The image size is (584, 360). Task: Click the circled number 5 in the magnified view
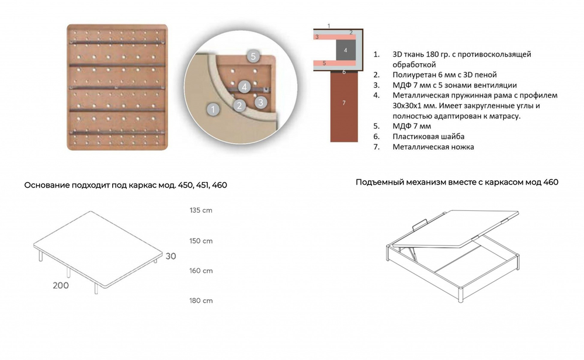[x=252, y=56]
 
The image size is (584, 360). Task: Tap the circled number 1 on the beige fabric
[x=214, y=109]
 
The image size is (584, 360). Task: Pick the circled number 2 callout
[x=238, y=106]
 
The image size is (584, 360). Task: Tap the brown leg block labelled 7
[x=344, y=103]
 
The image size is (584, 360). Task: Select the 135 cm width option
[x=201, y=211]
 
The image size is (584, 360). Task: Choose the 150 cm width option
[x=201, y=241]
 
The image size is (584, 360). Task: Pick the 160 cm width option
[x=201, y=271]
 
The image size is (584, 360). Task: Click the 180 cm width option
[x=201, y=300]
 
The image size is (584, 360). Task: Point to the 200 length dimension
[x=60, y=285]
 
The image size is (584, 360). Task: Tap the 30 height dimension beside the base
[x=171, y=256]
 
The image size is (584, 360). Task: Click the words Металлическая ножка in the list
[x=433, y=147]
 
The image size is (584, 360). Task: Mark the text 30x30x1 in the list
[x=412, y=105]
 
